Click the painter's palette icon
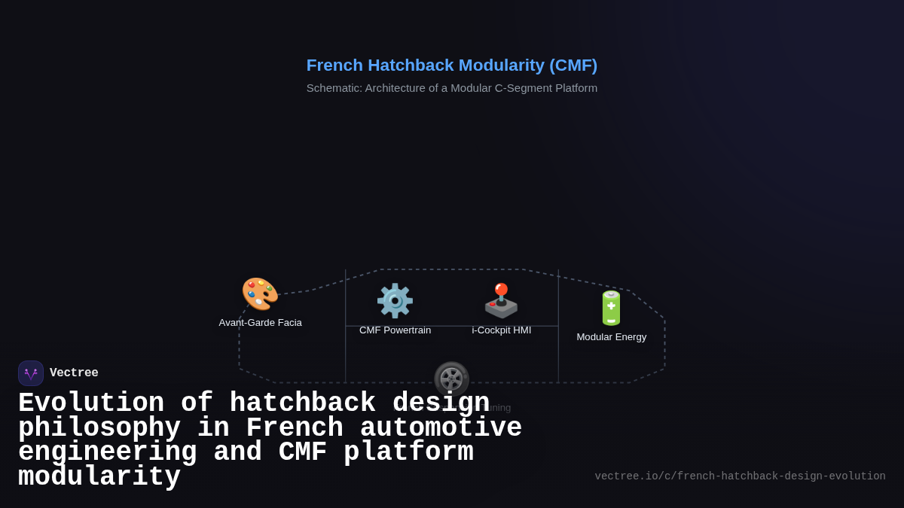[x=260, y=294]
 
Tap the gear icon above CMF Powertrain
[x=395, y=301]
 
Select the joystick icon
[x=501, y=301]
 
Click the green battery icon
[x=611, y=308]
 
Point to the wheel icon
[x=451, y=379]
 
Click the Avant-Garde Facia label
[x=260, y=323]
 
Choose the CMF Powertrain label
[x=395, y=330]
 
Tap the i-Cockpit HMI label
[x=501, y=330]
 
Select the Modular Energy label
[x=611, y=337]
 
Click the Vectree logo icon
[x=31, y=373]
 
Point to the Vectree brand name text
[x=74, y=373]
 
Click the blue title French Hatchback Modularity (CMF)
[x=451, y=65]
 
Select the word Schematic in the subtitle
[x=334, y=88]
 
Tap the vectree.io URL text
[x=740, y=476]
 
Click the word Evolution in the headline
[x=91, y=403]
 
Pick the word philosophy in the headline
[x=99, y=428]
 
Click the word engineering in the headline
[x=107, y=452]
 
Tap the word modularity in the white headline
[x=99, y=477]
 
